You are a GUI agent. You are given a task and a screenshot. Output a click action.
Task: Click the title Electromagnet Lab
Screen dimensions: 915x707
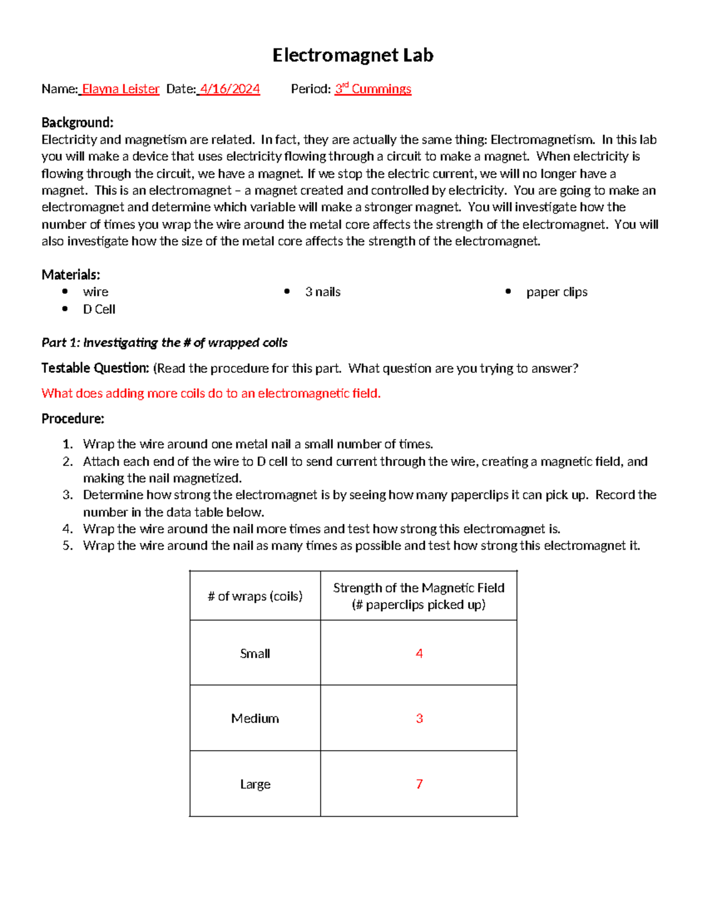353,55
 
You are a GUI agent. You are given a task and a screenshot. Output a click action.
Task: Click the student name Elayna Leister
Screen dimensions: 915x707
120,89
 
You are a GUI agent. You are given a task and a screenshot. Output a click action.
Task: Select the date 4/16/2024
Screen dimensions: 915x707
230,89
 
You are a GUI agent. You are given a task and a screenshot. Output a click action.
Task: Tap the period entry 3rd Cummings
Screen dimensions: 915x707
373,89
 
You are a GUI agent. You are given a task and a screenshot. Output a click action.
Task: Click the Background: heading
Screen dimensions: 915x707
77,123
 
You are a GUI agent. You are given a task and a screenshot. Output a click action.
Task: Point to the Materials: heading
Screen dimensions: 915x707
71,275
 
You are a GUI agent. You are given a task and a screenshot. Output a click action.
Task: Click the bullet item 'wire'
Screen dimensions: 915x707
95,292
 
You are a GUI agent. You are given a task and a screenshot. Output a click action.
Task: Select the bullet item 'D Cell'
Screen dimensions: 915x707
99,309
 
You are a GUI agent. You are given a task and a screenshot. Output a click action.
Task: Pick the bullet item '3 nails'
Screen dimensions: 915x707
323,292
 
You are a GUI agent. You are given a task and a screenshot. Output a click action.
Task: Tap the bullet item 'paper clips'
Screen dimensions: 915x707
557,292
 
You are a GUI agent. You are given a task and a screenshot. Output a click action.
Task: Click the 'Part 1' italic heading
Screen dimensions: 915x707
164,343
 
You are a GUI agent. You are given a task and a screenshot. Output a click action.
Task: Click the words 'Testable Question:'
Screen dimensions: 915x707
95,368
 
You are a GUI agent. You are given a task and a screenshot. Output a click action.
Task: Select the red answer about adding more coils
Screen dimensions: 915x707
211,394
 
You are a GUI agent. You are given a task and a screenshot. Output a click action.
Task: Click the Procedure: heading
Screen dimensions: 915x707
72,419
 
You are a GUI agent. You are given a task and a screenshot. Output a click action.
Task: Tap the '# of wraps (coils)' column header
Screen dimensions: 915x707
255,596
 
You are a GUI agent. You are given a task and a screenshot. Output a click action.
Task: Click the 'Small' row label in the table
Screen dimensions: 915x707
255,653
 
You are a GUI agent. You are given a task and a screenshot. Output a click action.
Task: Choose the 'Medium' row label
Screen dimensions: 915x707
255,718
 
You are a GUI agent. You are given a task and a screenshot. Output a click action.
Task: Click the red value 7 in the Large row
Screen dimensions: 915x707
419,784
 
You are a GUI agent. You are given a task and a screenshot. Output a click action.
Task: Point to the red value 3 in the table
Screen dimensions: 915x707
419,718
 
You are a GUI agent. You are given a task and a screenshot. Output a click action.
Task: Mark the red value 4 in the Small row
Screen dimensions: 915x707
419,653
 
